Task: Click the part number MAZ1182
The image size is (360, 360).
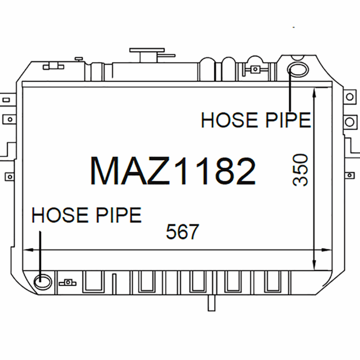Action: (173, 171)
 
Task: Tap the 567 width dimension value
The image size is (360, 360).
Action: (183, 232)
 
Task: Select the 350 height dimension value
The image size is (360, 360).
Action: (300, 170)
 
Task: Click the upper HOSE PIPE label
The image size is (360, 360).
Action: (256, 120)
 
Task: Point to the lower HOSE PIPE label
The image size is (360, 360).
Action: (86, 215)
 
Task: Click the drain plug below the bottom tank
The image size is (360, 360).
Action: (211, 302)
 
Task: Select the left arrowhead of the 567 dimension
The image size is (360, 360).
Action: (28, 250)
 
